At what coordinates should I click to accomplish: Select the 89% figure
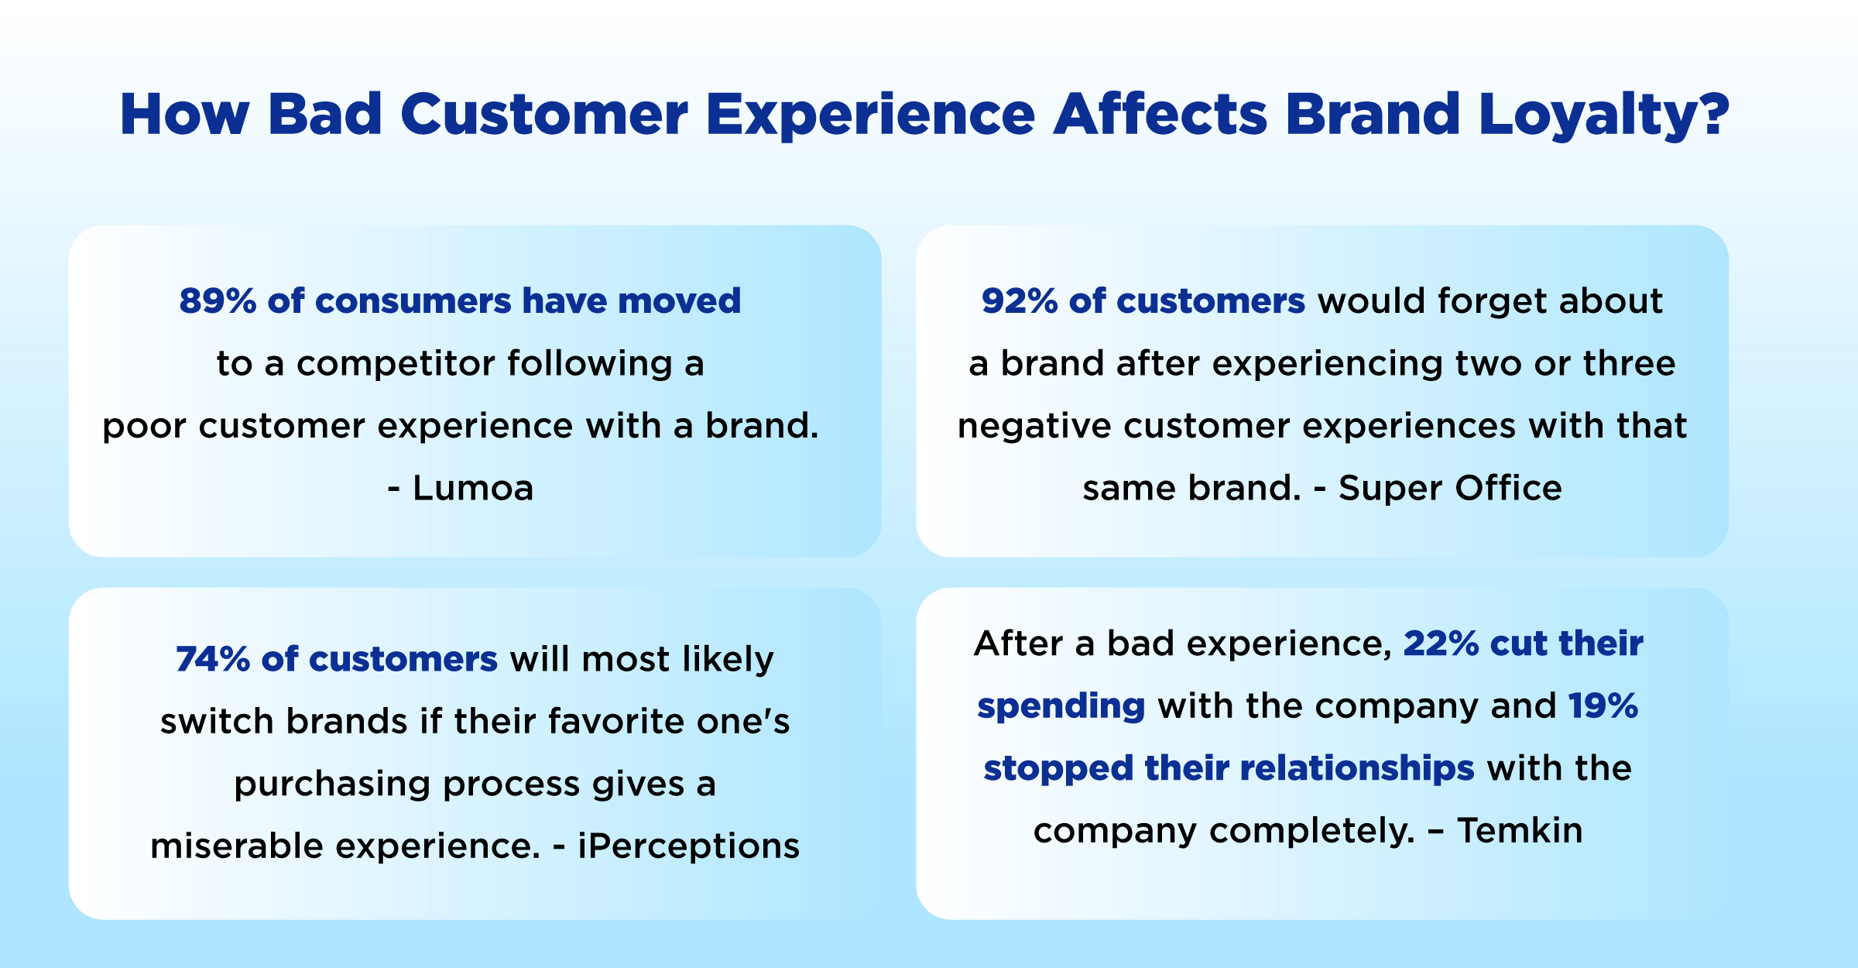point(218,300)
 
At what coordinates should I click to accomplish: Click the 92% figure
point(1020,300)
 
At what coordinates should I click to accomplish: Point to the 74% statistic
point(213,659)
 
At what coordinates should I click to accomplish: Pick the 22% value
point(1441,644)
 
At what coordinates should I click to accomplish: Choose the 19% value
point(1603,705)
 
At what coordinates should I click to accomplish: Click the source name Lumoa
point(473,489)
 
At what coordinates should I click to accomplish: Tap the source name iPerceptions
point(688,846)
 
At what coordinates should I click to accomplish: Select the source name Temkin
point(1520,830)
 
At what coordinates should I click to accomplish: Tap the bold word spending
point(1061,706)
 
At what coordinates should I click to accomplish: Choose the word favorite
point(616,721)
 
